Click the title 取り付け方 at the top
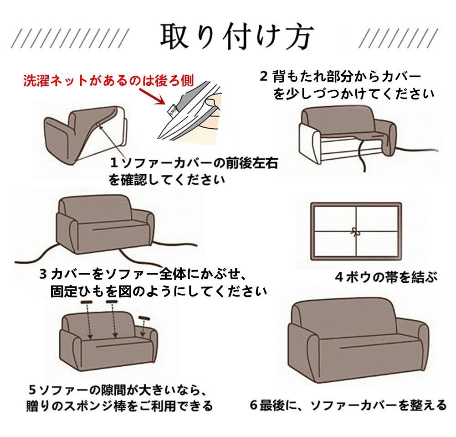(237, 37)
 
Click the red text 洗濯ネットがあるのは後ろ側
(109, 81)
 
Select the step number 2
(263, 77)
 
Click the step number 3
(43, 274)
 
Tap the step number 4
(339, 277)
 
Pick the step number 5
(33, 390)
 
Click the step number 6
(254, 405)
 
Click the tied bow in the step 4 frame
(355, 232)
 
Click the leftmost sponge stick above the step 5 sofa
(86, 302)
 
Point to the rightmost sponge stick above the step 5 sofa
(144, 317)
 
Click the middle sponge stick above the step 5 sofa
(112, 302)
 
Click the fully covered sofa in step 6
(358, 341)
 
